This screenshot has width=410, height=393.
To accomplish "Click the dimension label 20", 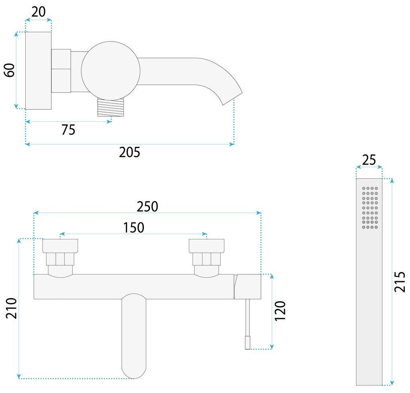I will [39, 12].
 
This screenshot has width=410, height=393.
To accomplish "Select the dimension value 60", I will [10, 70].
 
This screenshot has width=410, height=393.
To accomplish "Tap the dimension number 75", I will [68, 130].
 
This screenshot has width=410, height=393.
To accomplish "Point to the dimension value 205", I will [129, 152].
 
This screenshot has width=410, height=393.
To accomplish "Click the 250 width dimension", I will [148, 206].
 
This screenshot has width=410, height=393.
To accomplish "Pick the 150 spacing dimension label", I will [133, 228].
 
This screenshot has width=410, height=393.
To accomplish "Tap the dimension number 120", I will [280, 311].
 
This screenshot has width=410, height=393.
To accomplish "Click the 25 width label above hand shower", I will [369, 160].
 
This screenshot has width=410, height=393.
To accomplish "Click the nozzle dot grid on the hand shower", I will [370, 208].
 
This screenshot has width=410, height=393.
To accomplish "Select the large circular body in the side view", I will [111, 70].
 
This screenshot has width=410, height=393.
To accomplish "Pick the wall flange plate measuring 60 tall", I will [38, 70].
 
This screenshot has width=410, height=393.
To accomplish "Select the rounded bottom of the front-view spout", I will [134, 370].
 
